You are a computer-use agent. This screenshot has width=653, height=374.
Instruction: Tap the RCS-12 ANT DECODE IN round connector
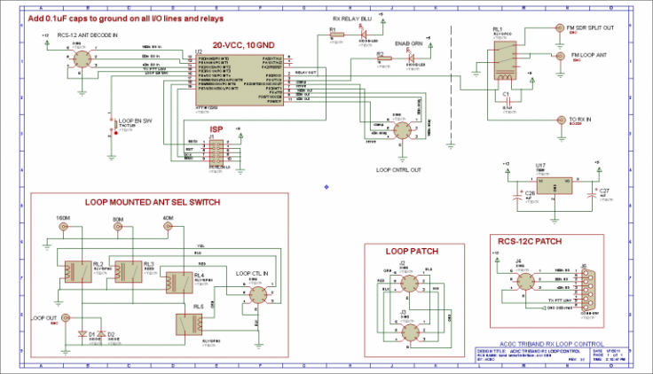[81, 59]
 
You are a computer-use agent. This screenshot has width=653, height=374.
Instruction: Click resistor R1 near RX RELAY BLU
[335, 39]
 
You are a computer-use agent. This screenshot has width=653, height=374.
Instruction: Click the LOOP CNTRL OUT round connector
[403, 130]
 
